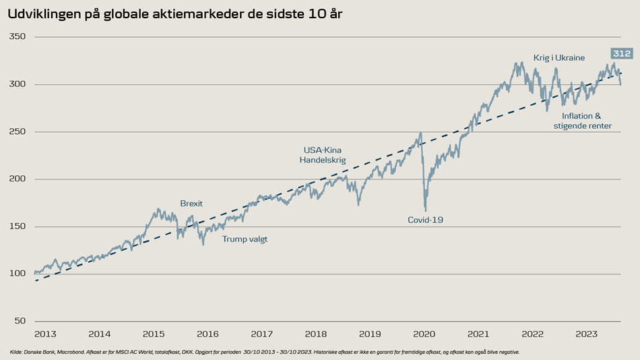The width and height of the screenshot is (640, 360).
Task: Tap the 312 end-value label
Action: (620, 54)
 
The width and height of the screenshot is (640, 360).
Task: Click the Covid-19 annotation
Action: (426, 220)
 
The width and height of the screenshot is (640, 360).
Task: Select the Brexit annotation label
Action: (191, 203)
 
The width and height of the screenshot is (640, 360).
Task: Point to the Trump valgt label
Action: (245, 239)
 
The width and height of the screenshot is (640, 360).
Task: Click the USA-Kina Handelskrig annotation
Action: (323, 155)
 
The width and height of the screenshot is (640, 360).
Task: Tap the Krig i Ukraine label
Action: (559, 58)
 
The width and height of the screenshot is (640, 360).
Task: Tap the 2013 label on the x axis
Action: (45, 334)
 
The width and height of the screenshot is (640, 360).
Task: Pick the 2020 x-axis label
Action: (424, 334)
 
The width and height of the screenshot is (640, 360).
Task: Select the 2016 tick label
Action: (207, 334)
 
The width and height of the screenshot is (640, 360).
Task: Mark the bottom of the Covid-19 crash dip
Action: (425, 210)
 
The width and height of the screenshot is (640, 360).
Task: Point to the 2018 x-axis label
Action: (316, 334)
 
